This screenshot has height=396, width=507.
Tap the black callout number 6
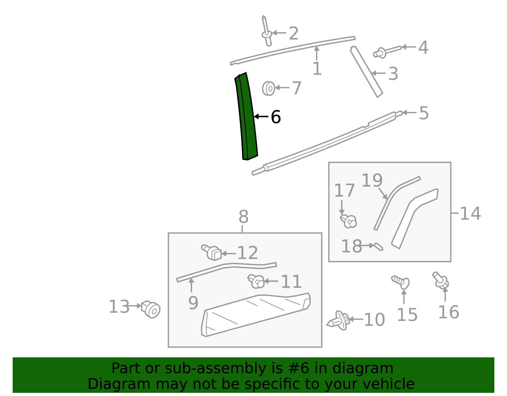(276, 117)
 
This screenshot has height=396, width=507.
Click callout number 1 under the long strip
(317, 69)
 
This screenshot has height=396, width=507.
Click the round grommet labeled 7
(269, 88)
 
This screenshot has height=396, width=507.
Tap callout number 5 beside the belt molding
(424, 113)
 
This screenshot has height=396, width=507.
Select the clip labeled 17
(349, 221)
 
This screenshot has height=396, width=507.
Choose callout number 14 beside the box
(470, 213)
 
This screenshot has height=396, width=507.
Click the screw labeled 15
(401, 282)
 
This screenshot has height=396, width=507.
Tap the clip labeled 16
(441, 280)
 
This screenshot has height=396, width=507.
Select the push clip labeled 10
(338, 321)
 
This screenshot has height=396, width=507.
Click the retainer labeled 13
(151, 309)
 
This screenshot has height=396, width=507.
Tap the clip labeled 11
(256, 281)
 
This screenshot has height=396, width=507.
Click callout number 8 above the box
(243, 217)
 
